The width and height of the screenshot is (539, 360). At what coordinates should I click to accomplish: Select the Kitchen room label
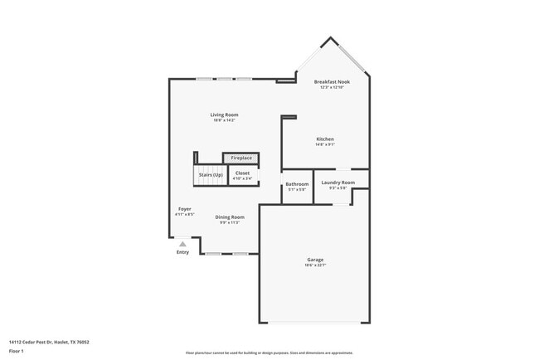tap(325, 139)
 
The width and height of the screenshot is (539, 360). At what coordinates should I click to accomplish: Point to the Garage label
tap(315, 260)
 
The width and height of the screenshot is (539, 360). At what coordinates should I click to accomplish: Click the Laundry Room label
tap(337, 182)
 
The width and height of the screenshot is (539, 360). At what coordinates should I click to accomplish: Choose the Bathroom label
tap(297, 184)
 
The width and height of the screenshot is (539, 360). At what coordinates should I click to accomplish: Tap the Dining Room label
tap(230, 216)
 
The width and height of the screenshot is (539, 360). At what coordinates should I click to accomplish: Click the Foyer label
tap(185, 208)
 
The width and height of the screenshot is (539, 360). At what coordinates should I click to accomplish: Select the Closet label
tap(242, 173)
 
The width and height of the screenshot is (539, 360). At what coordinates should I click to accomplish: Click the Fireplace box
tap(241, 158)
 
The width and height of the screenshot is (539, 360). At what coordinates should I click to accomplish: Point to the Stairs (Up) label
tap(210, 175)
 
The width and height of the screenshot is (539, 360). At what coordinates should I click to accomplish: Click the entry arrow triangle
tap(182, 244)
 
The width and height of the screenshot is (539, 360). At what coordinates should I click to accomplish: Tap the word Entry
tap(182, 252)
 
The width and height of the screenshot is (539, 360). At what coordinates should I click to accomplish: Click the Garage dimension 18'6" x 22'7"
tap(315, 265)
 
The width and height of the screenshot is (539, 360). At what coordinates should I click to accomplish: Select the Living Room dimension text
tap(224, 120)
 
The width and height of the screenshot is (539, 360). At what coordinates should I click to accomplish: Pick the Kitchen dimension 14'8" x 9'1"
tap(325, 144)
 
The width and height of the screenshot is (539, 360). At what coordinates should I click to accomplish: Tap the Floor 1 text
tap(16, 351)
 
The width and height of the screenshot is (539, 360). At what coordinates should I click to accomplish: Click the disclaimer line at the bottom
tap(269, 352)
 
